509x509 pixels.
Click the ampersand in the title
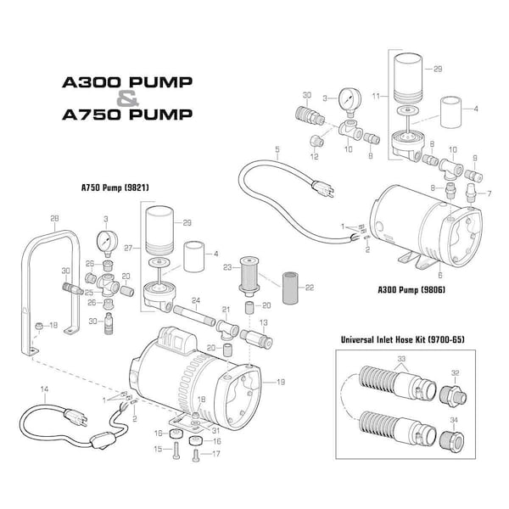(x=125, y=98)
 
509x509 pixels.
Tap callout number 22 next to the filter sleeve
(x=310, y=288)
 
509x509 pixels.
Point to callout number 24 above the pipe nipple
(x=195, y=301)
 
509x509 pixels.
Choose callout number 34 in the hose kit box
(x=455, y=421)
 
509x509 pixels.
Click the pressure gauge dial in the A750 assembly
(x=106, y=243)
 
